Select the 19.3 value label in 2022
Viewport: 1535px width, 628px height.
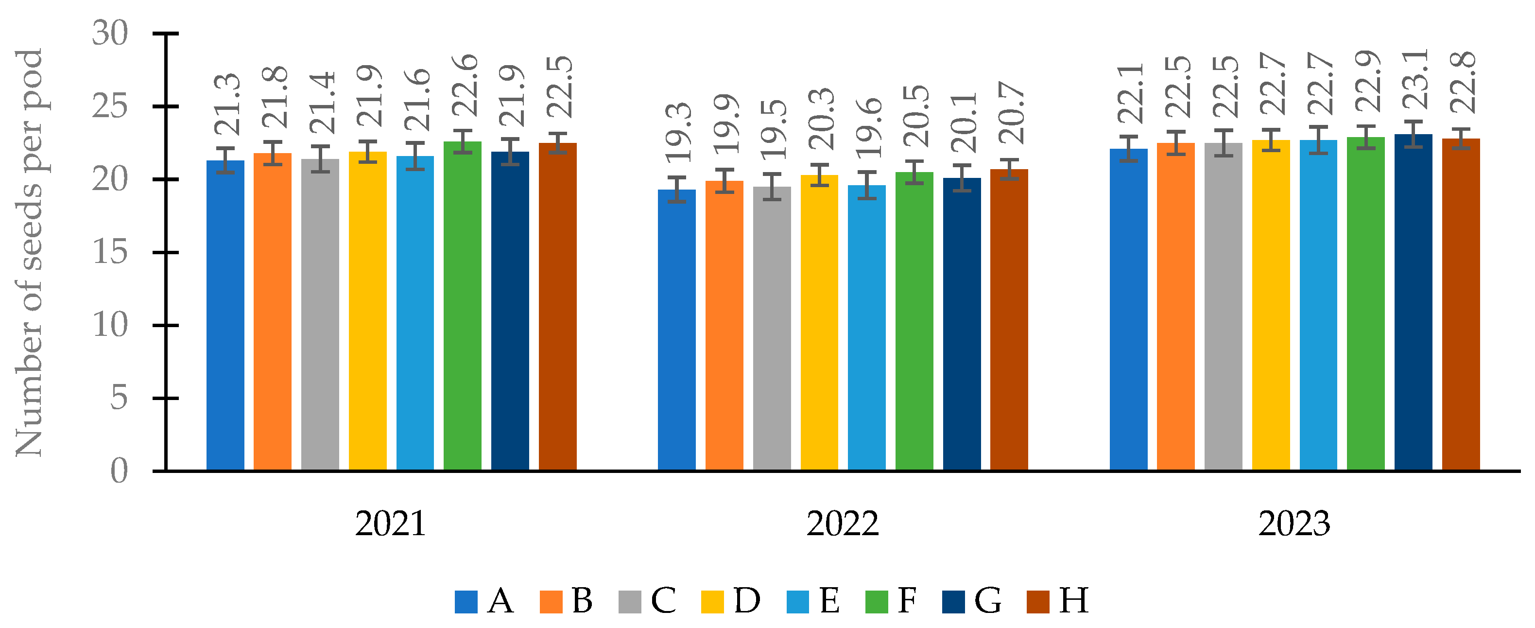(x=678, y=133)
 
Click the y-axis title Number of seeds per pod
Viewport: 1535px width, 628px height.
(x=29, y=253)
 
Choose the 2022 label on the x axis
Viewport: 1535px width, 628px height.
(x=842, y=524)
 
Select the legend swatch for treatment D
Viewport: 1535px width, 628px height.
(x=712, y=602)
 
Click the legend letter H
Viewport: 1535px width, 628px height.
(x=1073, y=601)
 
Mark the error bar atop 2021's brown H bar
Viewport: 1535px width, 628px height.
(x=558, y=143)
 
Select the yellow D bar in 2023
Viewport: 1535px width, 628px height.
(x=1271, y=305)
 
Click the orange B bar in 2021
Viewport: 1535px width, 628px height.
(x=272, y=312)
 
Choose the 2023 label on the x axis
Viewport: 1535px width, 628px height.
(x=1294, y=524)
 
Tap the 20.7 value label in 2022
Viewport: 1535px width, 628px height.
(x=1011, y=113)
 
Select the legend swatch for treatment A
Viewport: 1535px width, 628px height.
(x=466, y=602)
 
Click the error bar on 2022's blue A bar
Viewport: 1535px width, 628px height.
(x=676, y=190)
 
